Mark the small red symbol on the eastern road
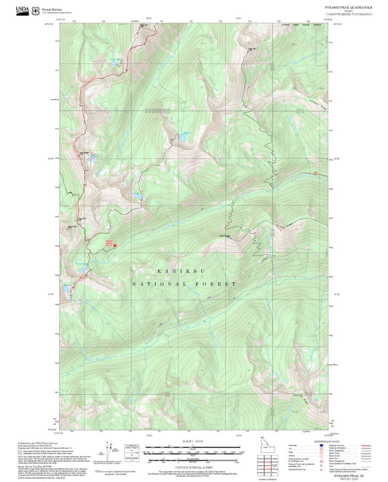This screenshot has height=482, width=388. pos(315,173)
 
